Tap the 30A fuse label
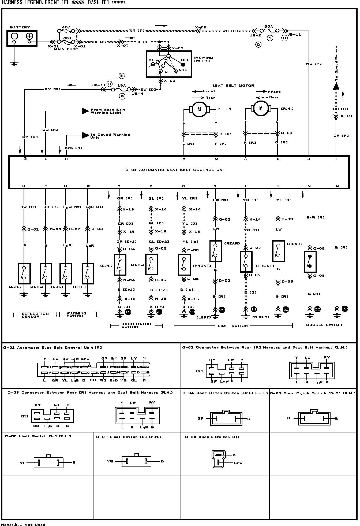pos(268,27)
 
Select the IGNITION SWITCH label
pos(204,60)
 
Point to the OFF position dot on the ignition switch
pos(183,64)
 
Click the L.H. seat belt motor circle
pos(199,109)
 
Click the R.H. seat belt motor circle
pos(261,108)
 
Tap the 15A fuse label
pos(122,85)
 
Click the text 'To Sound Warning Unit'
pos(110,136)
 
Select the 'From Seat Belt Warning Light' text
pos(108,111)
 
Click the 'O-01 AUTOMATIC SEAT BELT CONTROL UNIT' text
pos(176,170)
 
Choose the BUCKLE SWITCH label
pos(324,325)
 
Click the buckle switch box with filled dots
pos(310,262)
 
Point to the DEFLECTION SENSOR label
pos(35,315)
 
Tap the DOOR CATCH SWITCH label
pos(136,325)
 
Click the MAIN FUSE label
pos(66,49)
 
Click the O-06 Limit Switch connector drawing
pos(48,462)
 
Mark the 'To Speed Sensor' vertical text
pos(336,63)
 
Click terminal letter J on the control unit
pos(309,159)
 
